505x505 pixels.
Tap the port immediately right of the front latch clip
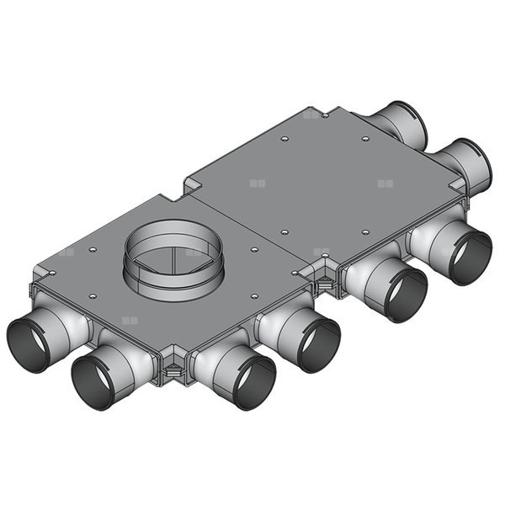[244, 380]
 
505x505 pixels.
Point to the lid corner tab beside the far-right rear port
[455, 187]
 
